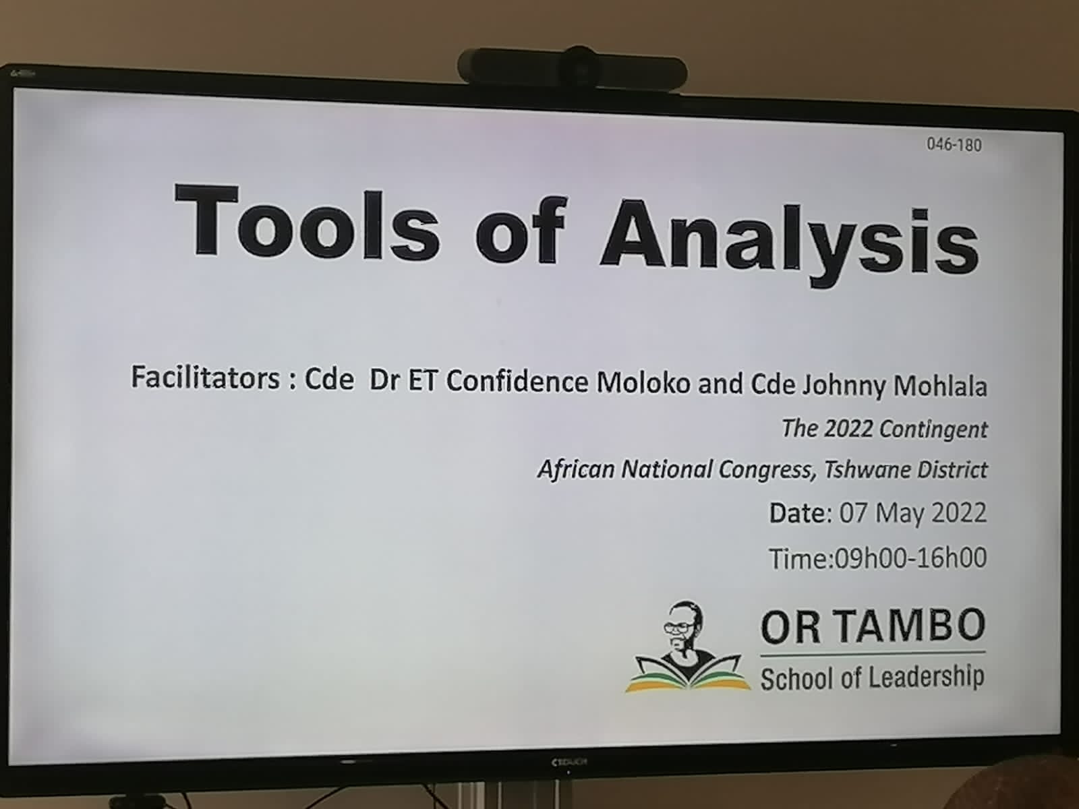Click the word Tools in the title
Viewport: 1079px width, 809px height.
[308, 224]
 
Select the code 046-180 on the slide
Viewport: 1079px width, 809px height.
[954, 145]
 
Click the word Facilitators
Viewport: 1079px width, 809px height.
[205, 378]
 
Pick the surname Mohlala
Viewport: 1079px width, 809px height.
[940, 386]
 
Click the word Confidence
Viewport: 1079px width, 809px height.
[517, 381]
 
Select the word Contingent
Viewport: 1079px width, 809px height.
[933, 429]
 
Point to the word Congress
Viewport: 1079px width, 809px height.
[767, 470]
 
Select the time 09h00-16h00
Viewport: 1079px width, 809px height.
[911, 558]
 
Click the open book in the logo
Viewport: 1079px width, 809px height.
[689, 673]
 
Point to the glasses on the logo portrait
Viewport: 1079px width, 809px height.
[680, 626]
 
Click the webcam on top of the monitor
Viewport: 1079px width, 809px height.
[573, 68]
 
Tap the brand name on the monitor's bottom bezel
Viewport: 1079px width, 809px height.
[568, 762]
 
